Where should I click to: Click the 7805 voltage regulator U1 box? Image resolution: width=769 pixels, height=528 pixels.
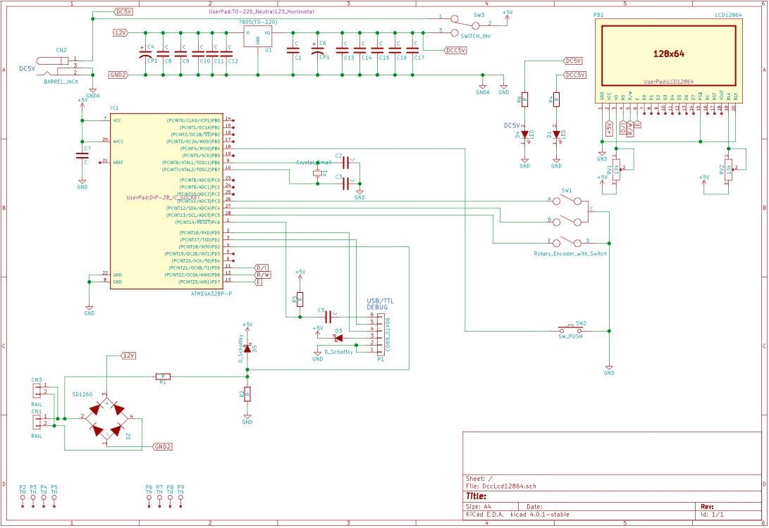pos(257,37)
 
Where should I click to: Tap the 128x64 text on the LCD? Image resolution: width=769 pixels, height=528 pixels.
pos(669,53)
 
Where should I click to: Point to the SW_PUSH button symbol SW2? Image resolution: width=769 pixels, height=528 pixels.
pos(571,329)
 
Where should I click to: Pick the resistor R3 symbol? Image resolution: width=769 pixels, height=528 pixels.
pos(300,299)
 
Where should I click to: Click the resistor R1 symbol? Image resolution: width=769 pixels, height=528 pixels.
pos(163,377)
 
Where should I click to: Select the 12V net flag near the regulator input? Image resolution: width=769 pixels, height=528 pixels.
pos(120,32)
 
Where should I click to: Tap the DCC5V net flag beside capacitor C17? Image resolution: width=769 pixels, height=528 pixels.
pos(455,50)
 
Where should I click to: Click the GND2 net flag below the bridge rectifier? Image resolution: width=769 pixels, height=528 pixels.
pos(162,446)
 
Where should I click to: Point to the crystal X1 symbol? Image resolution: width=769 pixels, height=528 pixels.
pos(318,172)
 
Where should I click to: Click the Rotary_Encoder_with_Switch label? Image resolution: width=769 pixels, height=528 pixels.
pos(570,253)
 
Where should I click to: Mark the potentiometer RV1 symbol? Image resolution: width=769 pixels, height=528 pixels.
pos(617,170)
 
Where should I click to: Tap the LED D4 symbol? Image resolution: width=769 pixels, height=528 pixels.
pos(524,134)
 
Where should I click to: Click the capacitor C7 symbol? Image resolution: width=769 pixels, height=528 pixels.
pos(82,156)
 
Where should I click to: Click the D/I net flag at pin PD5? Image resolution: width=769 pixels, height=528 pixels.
pos(262,268)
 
